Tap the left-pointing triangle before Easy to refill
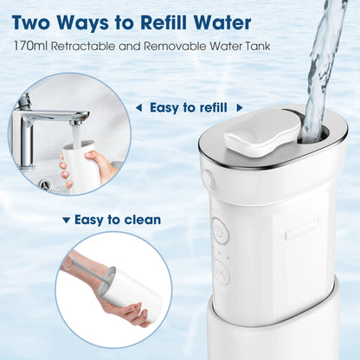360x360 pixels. point(138,108)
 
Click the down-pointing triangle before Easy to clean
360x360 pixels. point(67,220)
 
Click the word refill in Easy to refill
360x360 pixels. point(208,108)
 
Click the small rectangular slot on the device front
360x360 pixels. point(302,228)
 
